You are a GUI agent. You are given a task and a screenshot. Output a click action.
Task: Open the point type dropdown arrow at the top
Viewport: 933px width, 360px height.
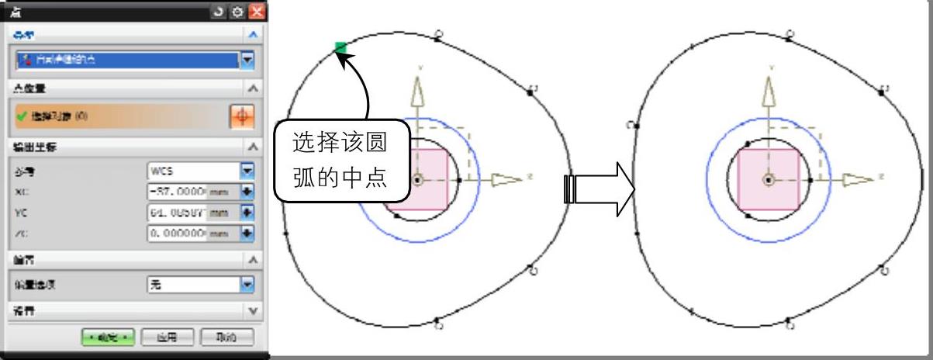tap(247, 59)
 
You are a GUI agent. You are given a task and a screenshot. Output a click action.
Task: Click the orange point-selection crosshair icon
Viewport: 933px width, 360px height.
tap(242, 116)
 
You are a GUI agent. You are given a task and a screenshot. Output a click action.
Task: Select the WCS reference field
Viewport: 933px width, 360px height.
tap(192, 169)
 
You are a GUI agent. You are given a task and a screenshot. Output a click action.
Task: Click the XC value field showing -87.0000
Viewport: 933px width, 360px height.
tap(178, 191)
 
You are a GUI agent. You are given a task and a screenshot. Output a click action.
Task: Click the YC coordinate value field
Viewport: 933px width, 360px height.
tap(178, 211)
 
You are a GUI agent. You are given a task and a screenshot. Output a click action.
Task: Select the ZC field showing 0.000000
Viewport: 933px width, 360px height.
tap(178, 231)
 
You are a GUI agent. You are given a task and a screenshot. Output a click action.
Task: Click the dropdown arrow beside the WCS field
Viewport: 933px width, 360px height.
tap(247, 169)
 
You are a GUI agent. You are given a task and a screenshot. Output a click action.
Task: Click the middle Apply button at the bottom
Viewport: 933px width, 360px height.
tap(167, 337)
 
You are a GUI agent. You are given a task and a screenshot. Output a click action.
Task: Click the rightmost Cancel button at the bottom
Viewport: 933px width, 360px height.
tap(226, 337)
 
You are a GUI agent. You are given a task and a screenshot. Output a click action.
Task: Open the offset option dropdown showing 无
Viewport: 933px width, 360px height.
tap(247, 285)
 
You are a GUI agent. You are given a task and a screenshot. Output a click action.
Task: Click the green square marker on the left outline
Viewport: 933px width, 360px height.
tap(340, 48)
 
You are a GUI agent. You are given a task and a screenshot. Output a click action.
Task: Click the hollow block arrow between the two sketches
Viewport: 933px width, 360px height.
tap(600, 189)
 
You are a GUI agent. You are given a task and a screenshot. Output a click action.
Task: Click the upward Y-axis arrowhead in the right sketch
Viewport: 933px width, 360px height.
tap(769, 91)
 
